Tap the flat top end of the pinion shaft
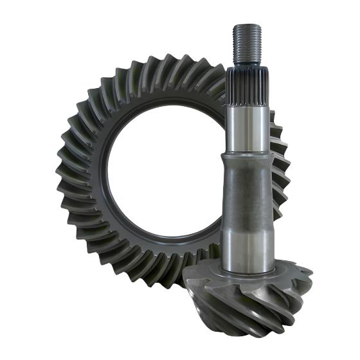pyautogui.click(x=248, y=26)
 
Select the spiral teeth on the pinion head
pyautogui.click(x=257, y=302)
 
